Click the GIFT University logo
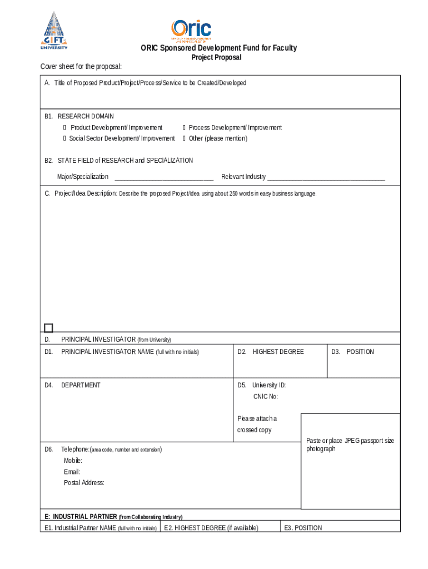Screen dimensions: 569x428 (54, 31)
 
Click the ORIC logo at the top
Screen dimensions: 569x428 (191, 31)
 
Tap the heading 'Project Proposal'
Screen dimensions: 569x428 (216, 58)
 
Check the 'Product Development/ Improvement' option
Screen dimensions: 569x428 (64, 128)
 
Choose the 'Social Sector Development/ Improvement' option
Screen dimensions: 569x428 (64, 138)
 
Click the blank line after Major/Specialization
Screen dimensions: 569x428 (163, 177)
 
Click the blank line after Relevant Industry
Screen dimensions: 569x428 (326, 177)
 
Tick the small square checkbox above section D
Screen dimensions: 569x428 (48, 328)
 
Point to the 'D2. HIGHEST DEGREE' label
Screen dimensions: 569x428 (271, 352)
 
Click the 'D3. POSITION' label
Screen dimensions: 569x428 (352, 352)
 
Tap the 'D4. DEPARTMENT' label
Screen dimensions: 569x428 (73, 385)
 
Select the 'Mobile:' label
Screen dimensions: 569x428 (73, 461)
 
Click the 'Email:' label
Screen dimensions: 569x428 (72, 472)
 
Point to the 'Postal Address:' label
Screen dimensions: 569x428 (84, 483)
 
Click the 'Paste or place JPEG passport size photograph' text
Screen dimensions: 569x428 (350, 445)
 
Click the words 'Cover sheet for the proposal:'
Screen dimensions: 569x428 (81, 67)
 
